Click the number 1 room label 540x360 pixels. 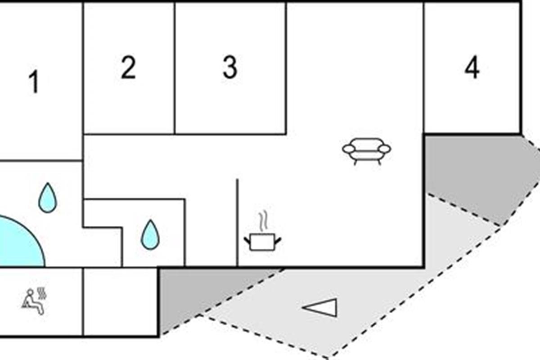[x=34, y=81]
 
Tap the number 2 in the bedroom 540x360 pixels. [x=128, y=67]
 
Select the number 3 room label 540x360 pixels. [x=230, y=67]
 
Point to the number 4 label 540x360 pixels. [x=472, y=67]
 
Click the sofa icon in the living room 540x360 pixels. [x=367, y=152]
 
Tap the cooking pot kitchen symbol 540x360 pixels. [x=262, y=242]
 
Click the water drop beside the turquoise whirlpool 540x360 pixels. [x=48, y=198]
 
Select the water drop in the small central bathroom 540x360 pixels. [x=150, y=235]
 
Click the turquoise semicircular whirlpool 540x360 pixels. [x=19, y=243]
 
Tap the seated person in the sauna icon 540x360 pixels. [x=32, y=301]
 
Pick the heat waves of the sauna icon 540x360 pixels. [x=42, y=293]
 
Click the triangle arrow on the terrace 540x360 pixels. [x=320, y=307]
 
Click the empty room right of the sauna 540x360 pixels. [x=120, y=301]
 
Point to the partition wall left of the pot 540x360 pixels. [x=237, y=223]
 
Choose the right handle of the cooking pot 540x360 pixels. [x=278, y=240]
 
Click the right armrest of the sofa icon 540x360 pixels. [x=385, y=149]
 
